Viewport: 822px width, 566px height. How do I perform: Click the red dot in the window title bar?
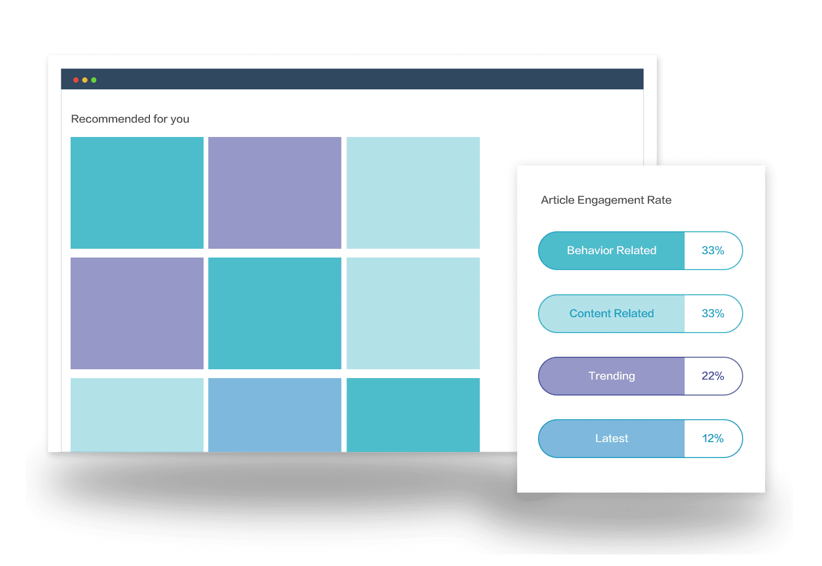pos(76,80)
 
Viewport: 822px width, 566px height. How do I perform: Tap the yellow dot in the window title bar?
pos(85,80)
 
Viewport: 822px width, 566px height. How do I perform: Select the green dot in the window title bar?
pos(94,80)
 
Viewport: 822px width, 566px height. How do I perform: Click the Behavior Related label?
pos(611,250)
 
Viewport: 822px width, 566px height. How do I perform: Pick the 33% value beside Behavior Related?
pos(713,250)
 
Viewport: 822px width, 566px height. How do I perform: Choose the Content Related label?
pos(611,313)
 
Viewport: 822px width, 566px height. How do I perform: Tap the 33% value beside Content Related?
pos(713,313)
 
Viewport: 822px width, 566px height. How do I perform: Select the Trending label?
pos(612,376)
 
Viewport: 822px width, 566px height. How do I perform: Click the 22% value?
pos(713,376)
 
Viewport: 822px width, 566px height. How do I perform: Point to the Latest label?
pos(612,438)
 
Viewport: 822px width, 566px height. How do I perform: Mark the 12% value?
pos(713,438)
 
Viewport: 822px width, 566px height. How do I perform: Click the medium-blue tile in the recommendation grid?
pos(275,415)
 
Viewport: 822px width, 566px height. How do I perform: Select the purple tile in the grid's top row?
pos(275,193)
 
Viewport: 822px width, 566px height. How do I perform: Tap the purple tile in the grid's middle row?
pos(137,313)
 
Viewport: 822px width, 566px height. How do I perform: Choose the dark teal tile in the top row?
pos(137,193)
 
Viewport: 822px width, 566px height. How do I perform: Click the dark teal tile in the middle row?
pos(275,313)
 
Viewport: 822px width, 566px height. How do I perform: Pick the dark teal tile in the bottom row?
pos(413,415)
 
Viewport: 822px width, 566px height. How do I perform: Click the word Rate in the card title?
pos(659,200)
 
